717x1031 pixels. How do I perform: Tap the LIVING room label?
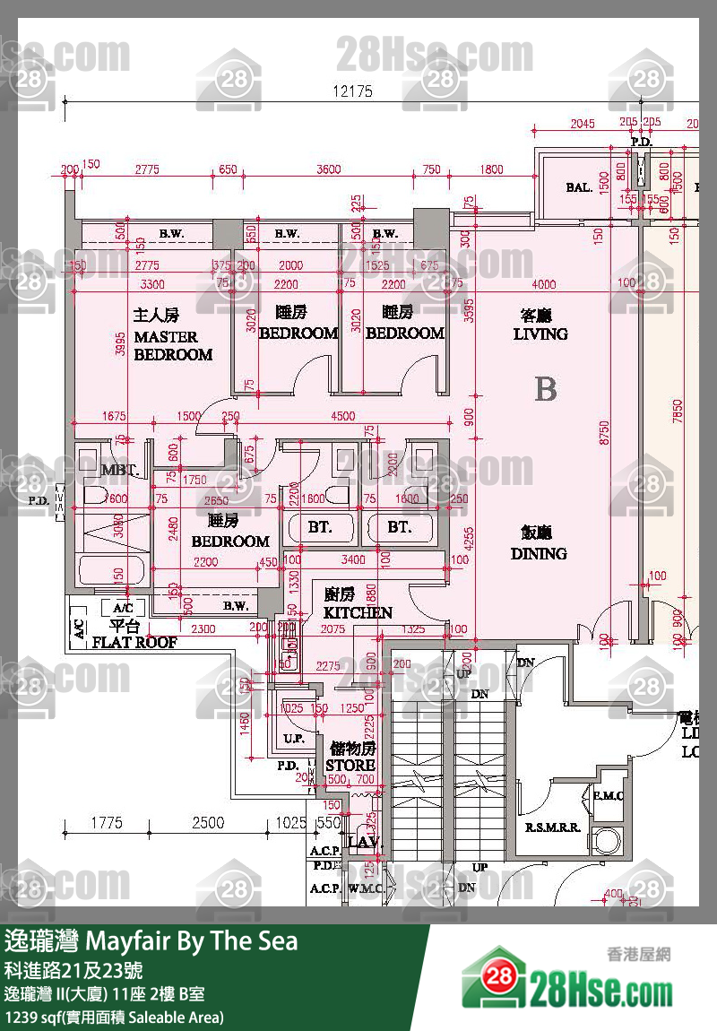540,334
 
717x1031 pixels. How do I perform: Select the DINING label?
539,553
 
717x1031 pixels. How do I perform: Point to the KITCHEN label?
358,612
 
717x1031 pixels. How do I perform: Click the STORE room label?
350,765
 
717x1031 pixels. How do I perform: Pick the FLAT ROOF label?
134,642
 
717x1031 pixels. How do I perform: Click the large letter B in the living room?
545,389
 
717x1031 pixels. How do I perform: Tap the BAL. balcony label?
578,187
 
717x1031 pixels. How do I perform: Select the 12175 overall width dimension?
352,91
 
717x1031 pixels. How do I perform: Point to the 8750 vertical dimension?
606,433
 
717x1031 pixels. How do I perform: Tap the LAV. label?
365,843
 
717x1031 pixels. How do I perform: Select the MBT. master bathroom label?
118,470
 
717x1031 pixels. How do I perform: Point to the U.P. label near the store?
293,739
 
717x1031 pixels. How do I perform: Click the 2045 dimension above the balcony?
582,124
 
